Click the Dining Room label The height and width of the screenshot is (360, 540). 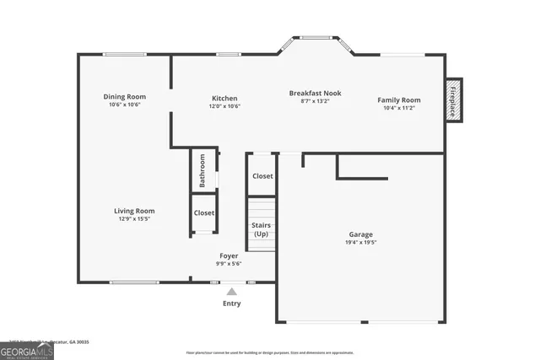tap(124, 96)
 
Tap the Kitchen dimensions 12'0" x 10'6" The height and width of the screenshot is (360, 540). tap(224, 106)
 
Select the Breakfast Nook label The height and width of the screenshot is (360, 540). tap(315, 93)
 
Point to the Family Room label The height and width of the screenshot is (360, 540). tap(398, 99)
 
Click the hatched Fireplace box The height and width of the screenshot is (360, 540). tap(454, 99)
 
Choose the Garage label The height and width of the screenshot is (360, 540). tap(360, 234)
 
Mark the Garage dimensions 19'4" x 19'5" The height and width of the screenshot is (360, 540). tap(360, 243)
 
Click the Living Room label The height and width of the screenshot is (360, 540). tap(134, 211)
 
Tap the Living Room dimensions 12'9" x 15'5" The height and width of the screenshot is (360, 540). tap(134, 219)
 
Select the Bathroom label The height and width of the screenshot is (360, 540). tap(202, 170)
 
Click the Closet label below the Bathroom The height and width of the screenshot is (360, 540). tap(204, 213)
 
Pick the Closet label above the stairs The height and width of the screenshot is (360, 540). tap(262, 176)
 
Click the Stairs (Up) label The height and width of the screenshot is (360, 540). tap(262, 229)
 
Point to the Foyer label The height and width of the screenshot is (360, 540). tap(229, 255)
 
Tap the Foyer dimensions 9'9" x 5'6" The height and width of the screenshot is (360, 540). tap(229, 264)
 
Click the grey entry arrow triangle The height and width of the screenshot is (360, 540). tap(231, 292)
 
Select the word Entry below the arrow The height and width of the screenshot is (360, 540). tap(231, 304)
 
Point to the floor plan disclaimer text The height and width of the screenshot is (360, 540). tap(270, 352)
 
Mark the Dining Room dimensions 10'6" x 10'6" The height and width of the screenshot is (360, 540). tap(124, 105)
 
